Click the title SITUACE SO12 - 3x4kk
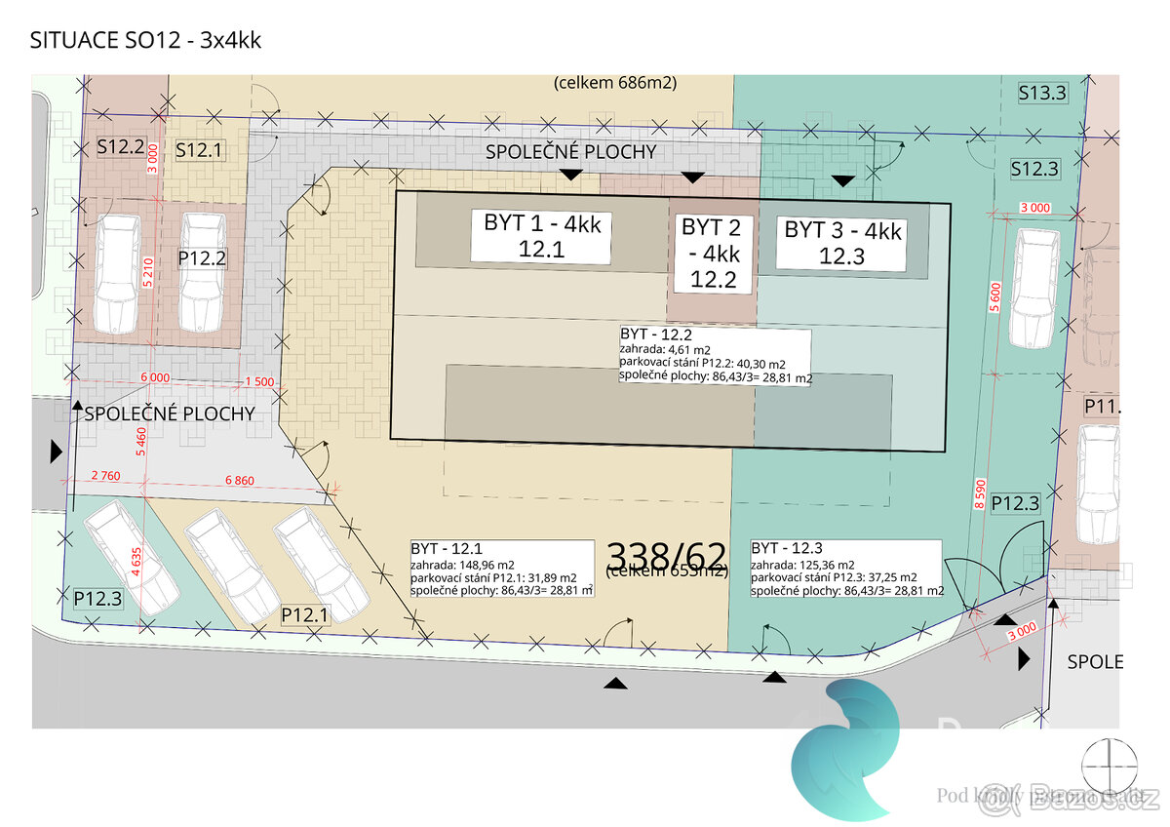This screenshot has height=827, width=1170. click(x=146, y=41)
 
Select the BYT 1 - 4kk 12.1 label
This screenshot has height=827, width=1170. click(x=541, y=236)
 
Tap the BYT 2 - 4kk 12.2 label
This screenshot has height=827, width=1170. click(x=711, y=254)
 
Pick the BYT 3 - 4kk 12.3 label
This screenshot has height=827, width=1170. click(x=842, y=243)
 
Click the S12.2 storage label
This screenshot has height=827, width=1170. click(x=121, y=149)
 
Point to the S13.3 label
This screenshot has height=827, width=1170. click(x=1042, y=94)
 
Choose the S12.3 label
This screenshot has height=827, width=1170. click(x=1034, y=168)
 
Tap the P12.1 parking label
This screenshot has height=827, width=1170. click(x=304, y=614)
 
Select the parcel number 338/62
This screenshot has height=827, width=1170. click(x=667, y=556)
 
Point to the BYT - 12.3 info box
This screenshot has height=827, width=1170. click(x=845, y=569)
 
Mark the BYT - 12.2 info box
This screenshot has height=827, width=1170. click(x=715, y=357)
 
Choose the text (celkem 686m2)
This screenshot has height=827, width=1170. click(x=614, y=83)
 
